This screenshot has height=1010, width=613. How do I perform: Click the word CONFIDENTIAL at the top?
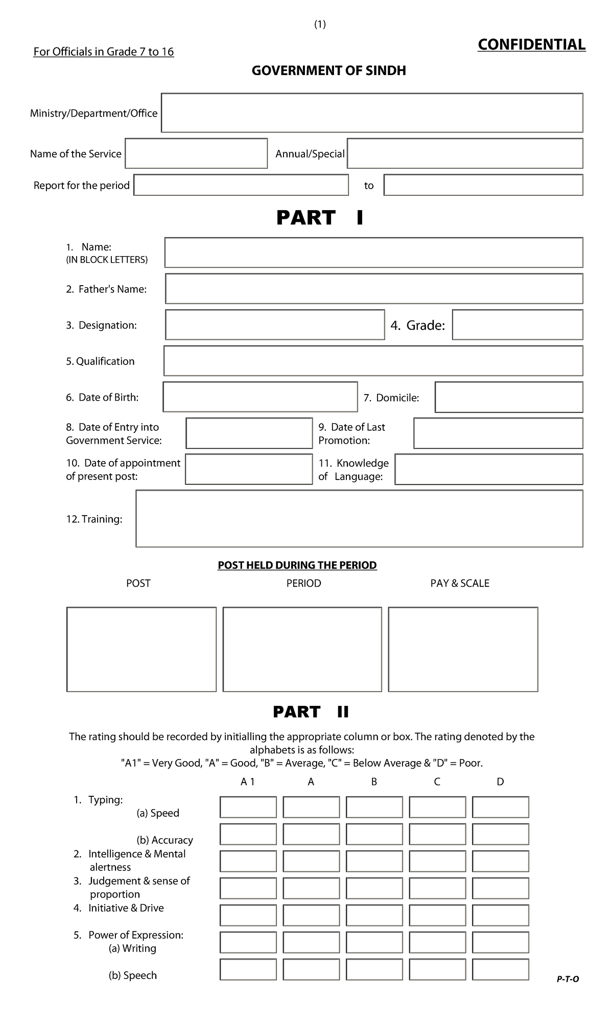[x=531, y=45]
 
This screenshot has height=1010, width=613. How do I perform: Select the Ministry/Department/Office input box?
[x=372, y=113]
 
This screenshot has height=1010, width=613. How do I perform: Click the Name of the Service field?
[x=196, y=153]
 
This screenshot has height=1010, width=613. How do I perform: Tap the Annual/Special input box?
[x=465, y=153]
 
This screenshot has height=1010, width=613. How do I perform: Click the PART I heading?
[x=320, y=218]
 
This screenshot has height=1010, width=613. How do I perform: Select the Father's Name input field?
[x=374, y=289]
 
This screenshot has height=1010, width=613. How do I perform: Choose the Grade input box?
[x=517, y=325]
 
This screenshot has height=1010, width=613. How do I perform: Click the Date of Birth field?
[x=260, y=397]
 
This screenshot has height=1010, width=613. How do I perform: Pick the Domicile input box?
[x=509, y=397]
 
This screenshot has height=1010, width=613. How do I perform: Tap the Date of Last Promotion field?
[x=498, y=433]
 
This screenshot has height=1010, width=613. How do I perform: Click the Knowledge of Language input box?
[x=489, y=469]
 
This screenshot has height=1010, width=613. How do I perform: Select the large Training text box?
[x=359, y=519]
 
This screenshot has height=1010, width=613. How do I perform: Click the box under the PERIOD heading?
[x=302, y=649]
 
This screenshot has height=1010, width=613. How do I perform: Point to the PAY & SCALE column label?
[x=460, y=583]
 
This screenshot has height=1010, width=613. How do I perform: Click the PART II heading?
[x=311, y=712]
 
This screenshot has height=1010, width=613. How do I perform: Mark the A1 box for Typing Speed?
[x=248, y=808]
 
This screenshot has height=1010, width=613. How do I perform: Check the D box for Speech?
[x=500, y=970]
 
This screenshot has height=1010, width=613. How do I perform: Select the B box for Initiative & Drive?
[x=374, y=915]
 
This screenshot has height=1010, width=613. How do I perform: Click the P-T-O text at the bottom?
[x=568, y=979]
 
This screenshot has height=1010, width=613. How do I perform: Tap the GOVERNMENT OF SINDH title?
[x=328, y=71]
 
